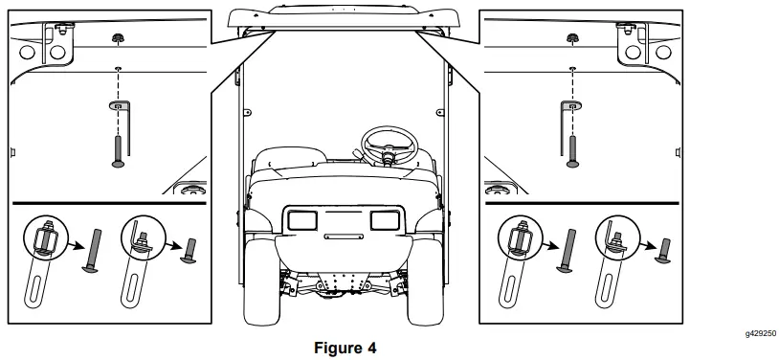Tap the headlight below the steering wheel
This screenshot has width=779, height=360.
pyautogui.click(x=385, y=221)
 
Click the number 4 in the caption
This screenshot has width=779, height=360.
pyautogui.click(x=373, y=348)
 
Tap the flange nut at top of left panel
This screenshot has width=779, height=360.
pyautogui.click(x=117, y=39)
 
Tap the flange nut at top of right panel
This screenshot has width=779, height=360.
pyautogui.click(x=571, y=39)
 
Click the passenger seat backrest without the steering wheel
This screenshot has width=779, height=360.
pyautogui.click(x=283, y=157)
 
